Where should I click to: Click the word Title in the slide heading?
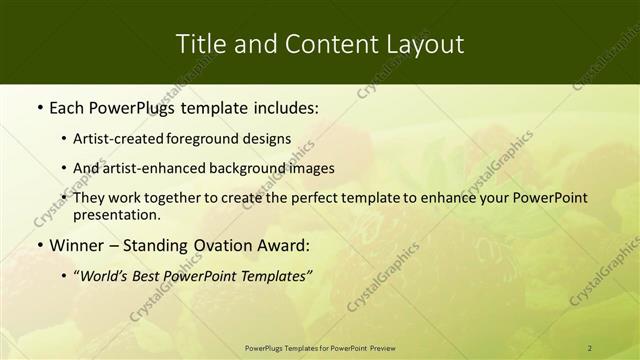pyautogui.click(x=198, y=44)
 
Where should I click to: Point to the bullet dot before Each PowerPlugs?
pyautogui.click(x=39, y=107)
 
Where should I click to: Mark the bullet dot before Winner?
pyautogui.click(x=39, y=245)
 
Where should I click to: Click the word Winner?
pyautogui.click(x=76, y=245)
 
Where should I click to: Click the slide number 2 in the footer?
pyautogui.click(x=589, y=348)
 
